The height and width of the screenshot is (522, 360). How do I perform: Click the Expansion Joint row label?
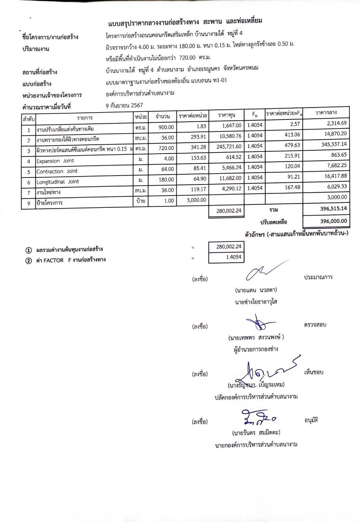[55, 161]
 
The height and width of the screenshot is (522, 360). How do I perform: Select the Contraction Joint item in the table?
[57, 172]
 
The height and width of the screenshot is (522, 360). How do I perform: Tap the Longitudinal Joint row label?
[58, 182]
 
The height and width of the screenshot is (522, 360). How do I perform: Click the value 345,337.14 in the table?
[334, 144]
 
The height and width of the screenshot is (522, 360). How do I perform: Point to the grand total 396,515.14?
[333, 208]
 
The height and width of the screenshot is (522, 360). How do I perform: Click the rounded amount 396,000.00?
[333, 221]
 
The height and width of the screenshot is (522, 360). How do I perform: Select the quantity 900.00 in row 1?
[166, 127]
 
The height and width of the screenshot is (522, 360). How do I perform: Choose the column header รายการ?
[84, 118]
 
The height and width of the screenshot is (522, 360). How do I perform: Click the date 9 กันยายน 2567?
[124, 105]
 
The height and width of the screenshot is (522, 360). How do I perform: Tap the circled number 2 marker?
[29, 261]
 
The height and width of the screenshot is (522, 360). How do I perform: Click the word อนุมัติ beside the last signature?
[311, 421]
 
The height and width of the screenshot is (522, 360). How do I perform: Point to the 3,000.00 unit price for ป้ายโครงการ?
[196, 200]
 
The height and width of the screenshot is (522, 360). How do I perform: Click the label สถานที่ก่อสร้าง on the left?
[40, 72]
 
